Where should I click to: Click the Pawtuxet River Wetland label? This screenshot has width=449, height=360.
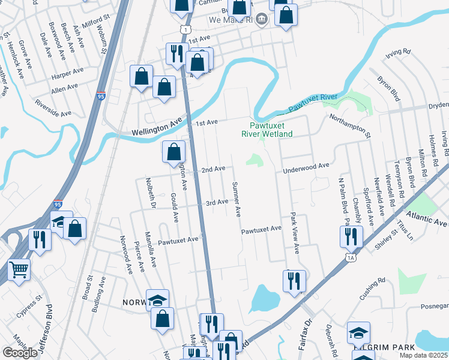pyautogui.click(x=271, y=130)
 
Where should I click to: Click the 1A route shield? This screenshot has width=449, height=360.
pyautogui.click(x=351, y=257)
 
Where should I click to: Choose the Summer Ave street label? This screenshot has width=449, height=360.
pyautogui.click(x=237, y=199)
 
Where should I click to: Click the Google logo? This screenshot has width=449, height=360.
pyautogui.click(x=20, y=353)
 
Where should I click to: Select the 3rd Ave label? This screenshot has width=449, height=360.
pyautogui.click(x=217, y=203)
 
